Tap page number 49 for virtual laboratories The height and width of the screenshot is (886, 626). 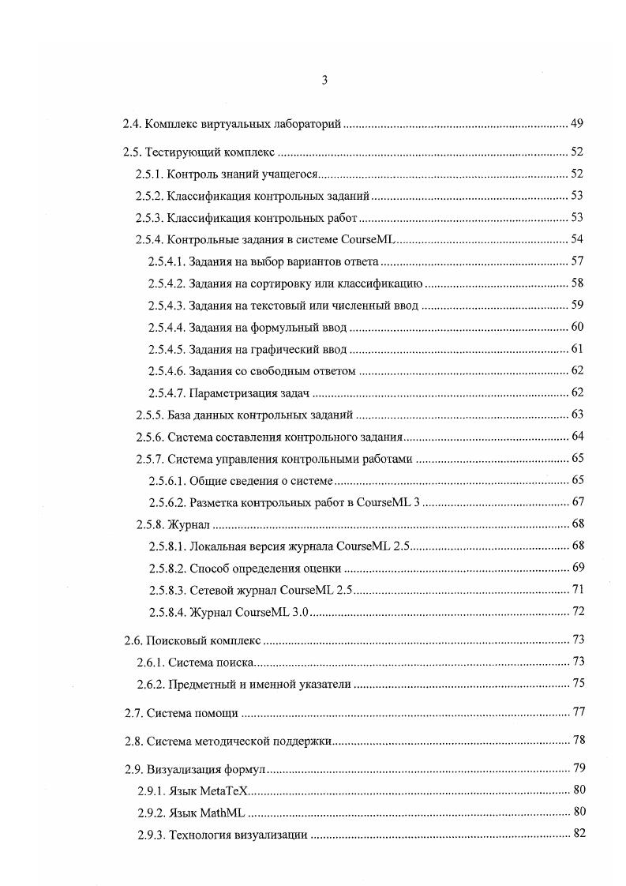576,124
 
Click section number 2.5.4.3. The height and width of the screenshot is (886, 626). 166,305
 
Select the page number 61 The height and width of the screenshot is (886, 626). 576,348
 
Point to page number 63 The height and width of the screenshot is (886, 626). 576,415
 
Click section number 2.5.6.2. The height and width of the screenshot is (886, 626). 166,502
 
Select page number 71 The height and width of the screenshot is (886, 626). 576,590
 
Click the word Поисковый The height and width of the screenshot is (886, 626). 175,639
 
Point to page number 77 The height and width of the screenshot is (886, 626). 578,712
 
